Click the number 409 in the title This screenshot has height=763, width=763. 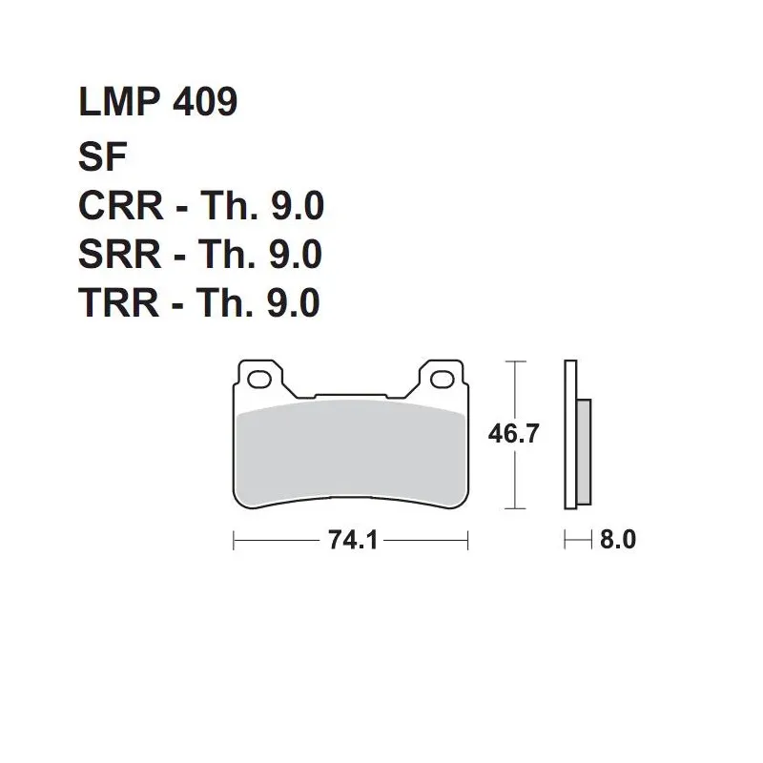click(x=205, y=102)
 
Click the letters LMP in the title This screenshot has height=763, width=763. click(x=120, y=102)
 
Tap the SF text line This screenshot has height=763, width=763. click(x=103, y=156)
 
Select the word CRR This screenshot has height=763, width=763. click(x=121, y=206)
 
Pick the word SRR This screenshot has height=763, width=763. click(x=120, y=254)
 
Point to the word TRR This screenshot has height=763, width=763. click(x=118, y=302)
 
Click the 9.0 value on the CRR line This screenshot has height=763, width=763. click(x=298, y=206)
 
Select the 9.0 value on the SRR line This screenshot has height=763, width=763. click(x=296, y=254)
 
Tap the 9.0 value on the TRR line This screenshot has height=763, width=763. click(x=294, y=302)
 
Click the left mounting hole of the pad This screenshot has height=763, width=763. click(x=259, y=379)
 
